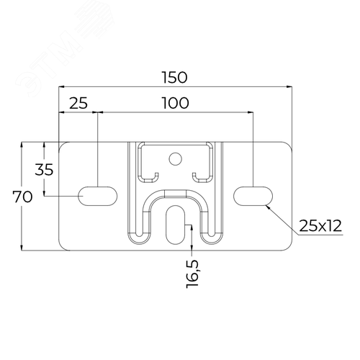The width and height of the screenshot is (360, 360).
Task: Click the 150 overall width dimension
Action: point(174,77)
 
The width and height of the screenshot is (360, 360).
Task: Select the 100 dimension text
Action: point(176,103)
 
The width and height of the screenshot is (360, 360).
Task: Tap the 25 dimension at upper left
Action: point(78,103)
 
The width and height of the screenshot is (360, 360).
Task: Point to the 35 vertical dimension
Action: point(44,169)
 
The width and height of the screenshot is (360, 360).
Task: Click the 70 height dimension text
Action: point(22,197)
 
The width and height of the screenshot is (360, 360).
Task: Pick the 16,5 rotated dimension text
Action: point(193,274)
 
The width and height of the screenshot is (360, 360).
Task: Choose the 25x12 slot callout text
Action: point(320,225)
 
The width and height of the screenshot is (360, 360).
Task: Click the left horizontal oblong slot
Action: point(98,196)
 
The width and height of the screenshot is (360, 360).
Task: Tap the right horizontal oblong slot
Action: point(253,196)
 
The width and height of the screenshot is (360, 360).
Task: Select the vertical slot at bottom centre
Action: point(176,225)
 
